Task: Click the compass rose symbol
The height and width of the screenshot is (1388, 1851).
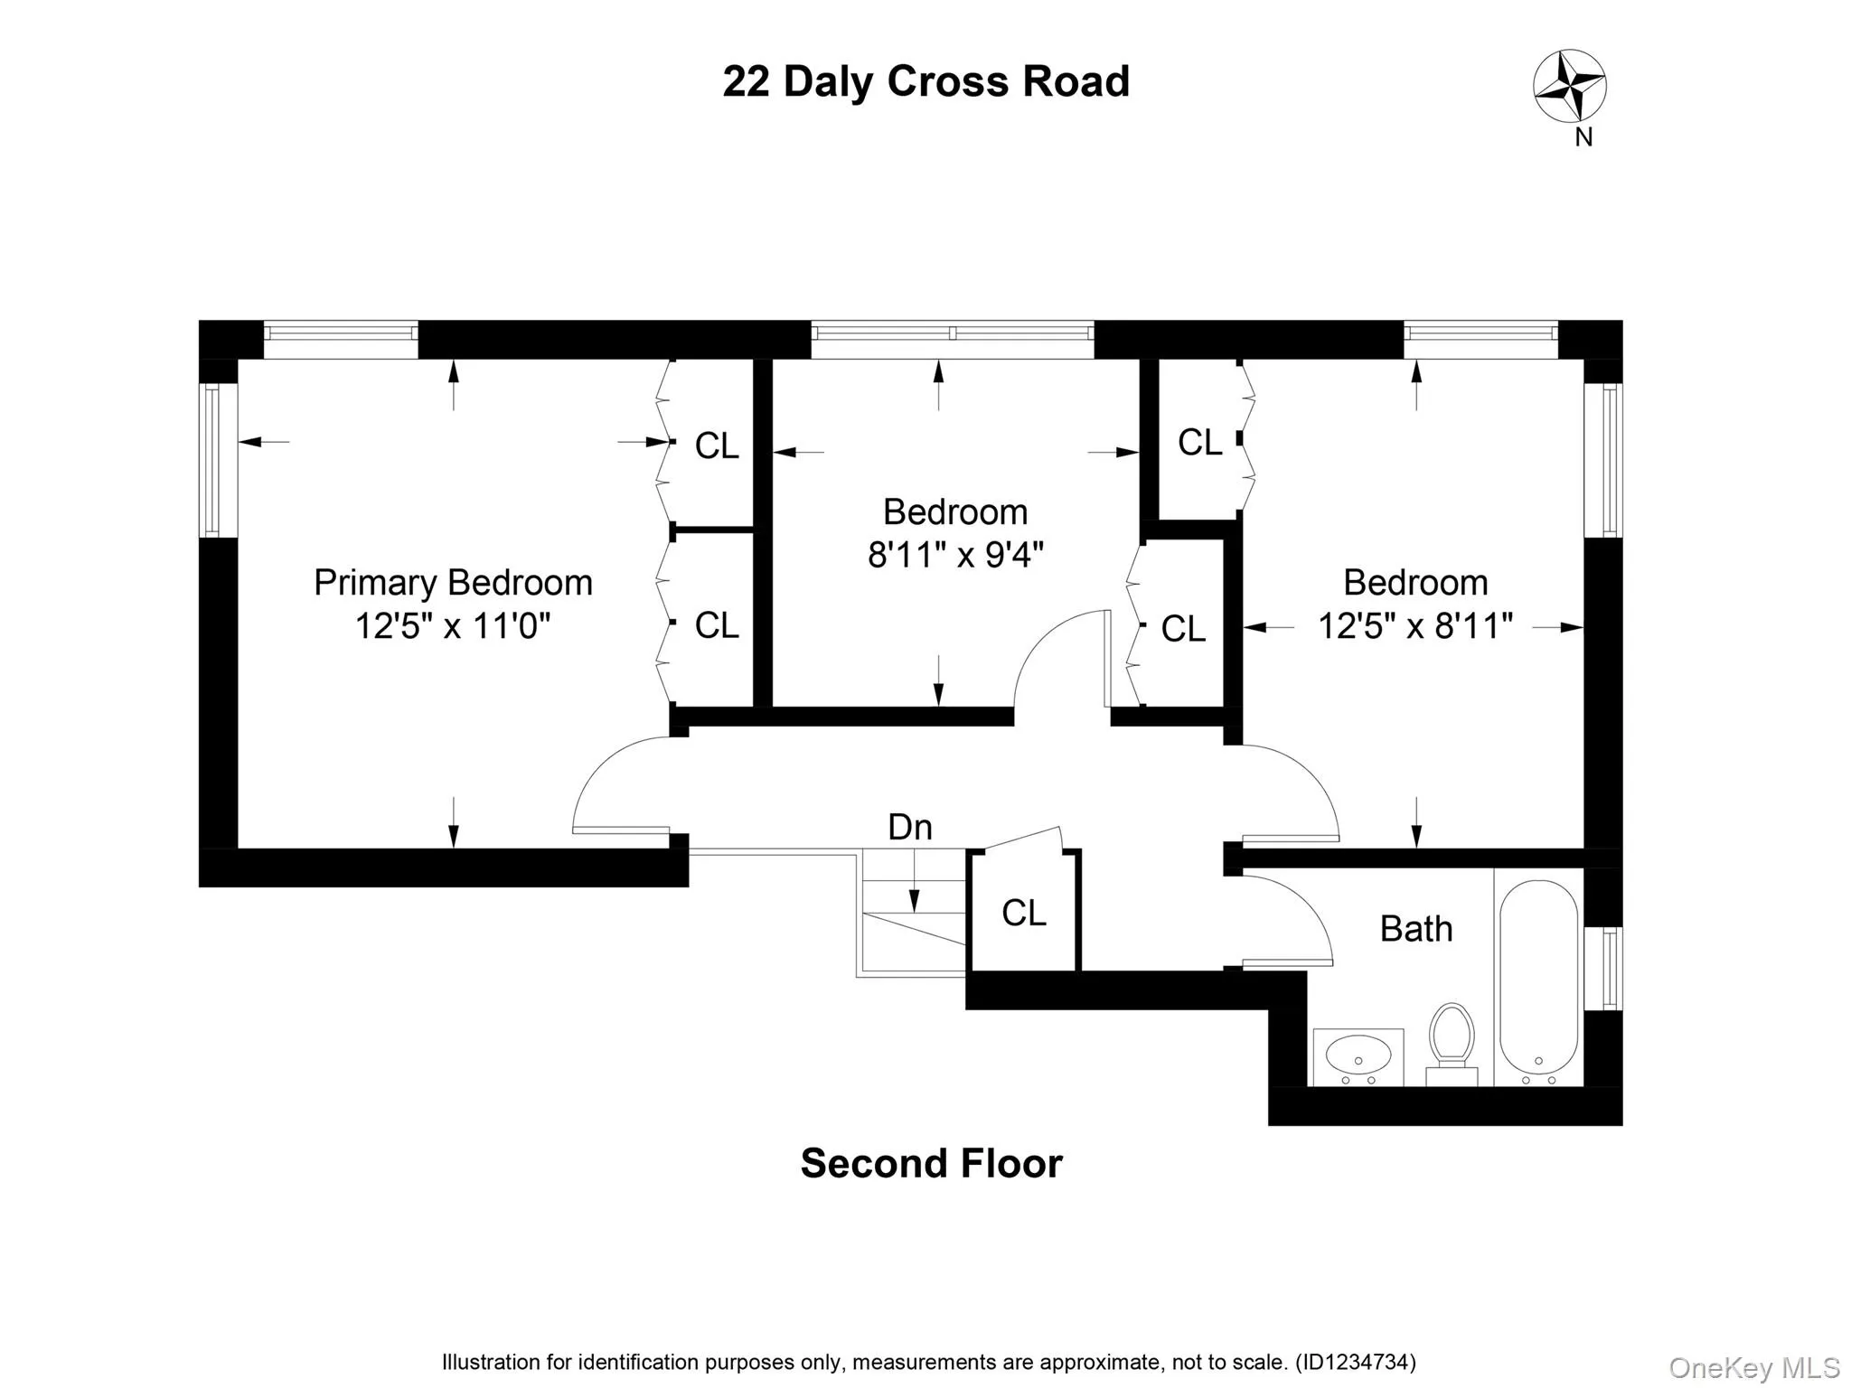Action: [1570, 87]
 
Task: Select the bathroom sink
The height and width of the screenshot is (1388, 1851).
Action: [1358, 1054]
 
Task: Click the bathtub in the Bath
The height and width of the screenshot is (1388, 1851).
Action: [1538, 980]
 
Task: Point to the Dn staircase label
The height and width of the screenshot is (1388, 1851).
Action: [909, 828]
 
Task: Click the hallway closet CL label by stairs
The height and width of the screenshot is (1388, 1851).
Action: [1023, 914]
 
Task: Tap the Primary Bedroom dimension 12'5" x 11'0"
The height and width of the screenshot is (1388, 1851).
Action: [453, 625]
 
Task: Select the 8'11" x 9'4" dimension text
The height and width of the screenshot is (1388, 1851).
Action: [955, 555]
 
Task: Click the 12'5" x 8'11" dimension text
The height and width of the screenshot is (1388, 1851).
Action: [1414, 625]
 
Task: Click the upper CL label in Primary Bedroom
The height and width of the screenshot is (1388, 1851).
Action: [717, 445]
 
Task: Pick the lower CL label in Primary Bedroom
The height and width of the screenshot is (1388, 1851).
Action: [717, 625]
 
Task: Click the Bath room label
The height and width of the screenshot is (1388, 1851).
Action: [1415, 929]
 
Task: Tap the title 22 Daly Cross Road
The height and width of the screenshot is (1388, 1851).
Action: [925, 81]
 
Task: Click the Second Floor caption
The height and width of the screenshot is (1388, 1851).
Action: [931, 1164]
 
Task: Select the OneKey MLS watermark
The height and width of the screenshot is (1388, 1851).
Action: [1753, 1368]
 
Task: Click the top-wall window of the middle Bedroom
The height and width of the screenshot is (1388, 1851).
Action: [952, 333]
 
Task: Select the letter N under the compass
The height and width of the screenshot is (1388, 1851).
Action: [1583, 137]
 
